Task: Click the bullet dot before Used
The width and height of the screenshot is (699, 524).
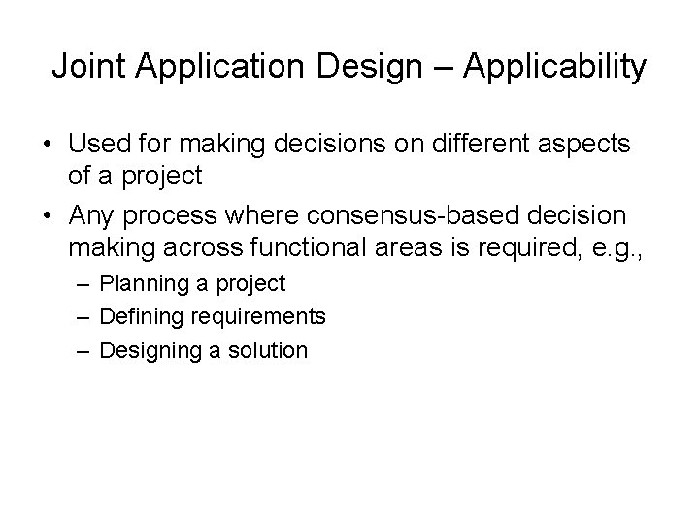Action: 46,146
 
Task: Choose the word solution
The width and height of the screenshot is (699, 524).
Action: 267,349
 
